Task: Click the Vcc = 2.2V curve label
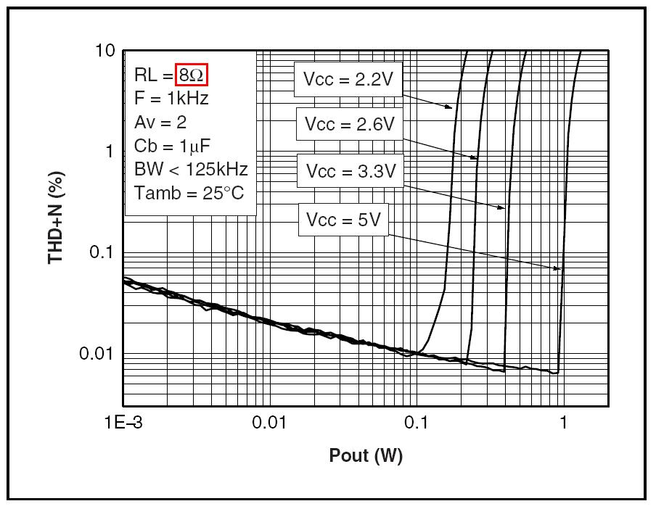click(348, 79)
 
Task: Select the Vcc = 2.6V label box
click(350, 124)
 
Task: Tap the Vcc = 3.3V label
click(350, 171)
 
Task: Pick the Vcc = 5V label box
click(343, 220)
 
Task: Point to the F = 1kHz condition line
click(171, 98)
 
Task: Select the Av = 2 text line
click(160, 122)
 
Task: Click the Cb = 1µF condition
click(172, 146)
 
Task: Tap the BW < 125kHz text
click(191, 170)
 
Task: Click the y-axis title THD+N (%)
click(57, 221)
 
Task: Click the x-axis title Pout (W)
click(366, 456)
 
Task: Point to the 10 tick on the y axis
click(106, 51)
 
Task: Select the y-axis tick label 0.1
click(102, 252)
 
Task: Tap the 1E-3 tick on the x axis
click(124, 423)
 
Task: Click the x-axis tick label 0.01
click(271, 423)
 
